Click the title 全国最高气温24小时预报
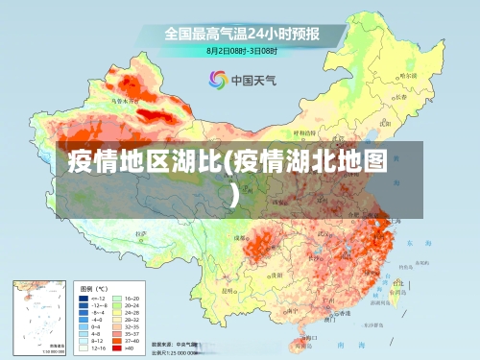point(241,33)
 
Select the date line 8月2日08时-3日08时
point(242,50)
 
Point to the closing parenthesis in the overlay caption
point(236,195)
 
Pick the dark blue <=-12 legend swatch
point(84,299)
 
